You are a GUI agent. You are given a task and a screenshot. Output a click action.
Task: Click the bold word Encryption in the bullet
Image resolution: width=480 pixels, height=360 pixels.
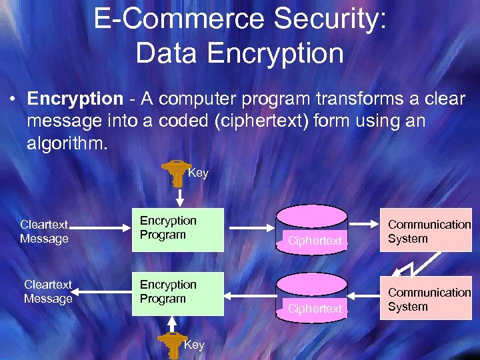tap(75, 99)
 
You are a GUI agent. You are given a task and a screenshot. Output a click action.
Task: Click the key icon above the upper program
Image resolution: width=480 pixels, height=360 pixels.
tap(176, 171)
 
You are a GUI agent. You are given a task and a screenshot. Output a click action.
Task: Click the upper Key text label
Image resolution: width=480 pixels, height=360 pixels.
tap(199, 173)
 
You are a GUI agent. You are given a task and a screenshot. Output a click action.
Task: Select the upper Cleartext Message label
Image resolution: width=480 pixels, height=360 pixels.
tap(44, 232)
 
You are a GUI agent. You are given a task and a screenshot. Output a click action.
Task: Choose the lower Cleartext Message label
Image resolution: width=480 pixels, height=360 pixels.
tap(48, 292)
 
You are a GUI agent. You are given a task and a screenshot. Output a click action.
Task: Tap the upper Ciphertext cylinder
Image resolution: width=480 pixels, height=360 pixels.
tap(312, 228)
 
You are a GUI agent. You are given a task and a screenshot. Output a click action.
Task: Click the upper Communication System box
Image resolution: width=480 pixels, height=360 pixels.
tap(425, 231)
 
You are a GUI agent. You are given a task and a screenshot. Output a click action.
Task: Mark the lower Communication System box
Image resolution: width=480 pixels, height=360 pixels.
tap(425, 299)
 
